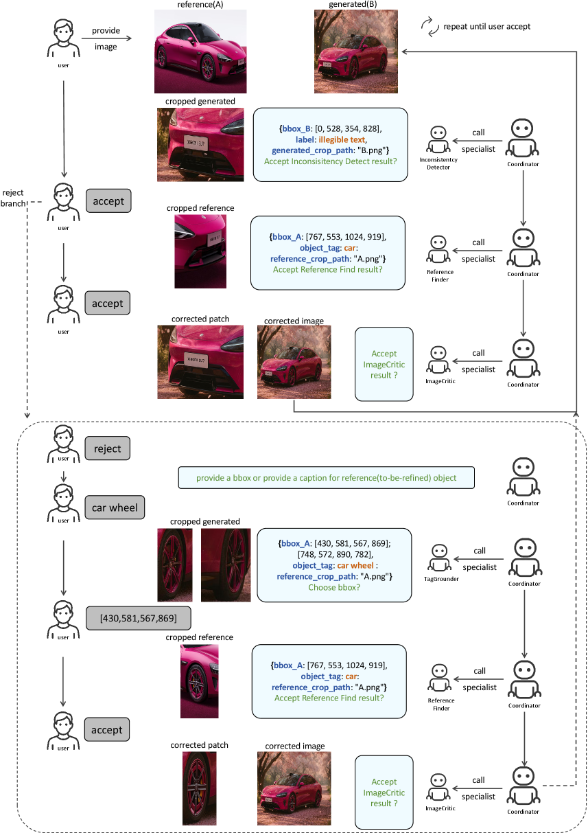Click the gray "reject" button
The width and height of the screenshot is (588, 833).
point(107,449)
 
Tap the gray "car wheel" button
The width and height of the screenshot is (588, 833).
point(115,508)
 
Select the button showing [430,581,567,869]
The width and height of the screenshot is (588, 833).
point(138,618)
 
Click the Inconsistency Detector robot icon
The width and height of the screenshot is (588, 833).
point(438,140)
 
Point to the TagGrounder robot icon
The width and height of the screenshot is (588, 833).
point(438,558)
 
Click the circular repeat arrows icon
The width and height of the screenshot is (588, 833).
point(430,27)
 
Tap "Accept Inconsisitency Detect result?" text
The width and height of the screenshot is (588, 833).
point(330,162)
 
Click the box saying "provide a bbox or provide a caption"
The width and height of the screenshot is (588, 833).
point(326,477)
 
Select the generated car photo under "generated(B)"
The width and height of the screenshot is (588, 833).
point(355,52)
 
